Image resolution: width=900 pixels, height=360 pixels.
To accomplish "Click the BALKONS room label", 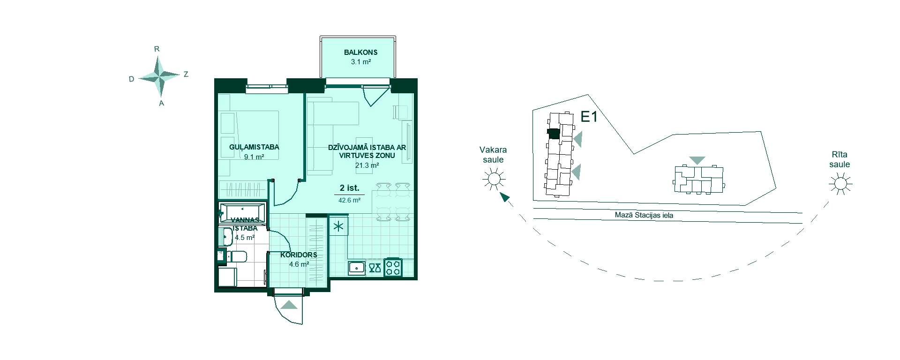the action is click(x=360, y=52).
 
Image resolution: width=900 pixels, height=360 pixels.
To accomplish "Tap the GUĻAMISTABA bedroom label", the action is click(x=254, y=147).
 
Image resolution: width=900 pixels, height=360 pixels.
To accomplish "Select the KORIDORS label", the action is click(x=299, y=255).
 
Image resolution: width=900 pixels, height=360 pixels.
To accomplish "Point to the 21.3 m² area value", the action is click(x=367, y=165).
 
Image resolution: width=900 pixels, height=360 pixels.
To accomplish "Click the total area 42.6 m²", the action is click(x=349, y=200).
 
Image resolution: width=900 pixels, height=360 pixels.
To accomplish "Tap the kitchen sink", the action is click(x=357, y=268).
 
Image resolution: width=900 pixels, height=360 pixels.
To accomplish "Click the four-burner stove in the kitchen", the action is click(x=393, y=268).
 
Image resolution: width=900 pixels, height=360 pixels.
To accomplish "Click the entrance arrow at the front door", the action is click(x=289, y=305).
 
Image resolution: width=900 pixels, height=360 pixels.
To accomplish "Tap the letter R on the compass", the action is click(x=157, y=49).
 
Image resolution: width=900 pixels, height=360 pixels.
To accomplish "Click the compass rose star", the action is click(x=160, y=75).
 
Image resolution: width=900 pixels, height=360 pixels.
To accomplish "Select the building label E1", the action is click(x=589, y=117).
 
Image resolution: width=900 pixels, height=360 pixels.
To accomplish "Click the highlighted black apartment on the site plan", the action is click(x=554, y=134).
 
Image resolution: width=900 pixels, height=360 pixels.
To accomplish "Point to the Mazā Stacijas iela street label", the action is click(x=644, y=216).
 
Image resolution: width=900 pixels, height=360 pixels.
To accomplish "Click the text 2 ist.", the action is click(x=350, y=188).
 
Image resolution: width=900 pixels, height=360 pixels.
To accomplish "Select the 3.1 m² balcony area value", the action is click(x=361, y=61).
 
